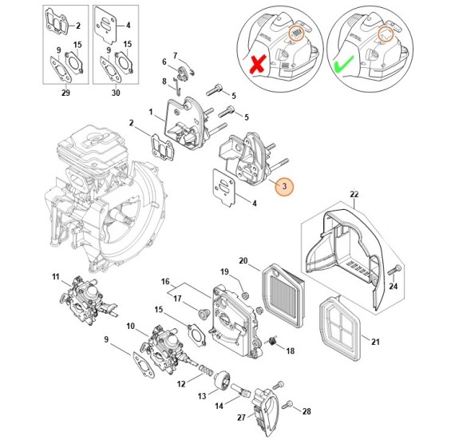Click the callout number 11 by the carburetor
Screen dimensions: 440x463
(56, 277)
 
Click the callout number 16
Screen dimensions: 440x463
(166, 282)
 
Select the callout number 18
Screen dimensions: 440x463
(289, 351)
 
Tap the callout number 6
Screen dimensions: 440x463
(164, 61)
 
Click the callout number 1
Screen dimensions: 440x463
(150, 112)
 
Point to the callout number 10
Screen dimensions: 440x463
(130, 325)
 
